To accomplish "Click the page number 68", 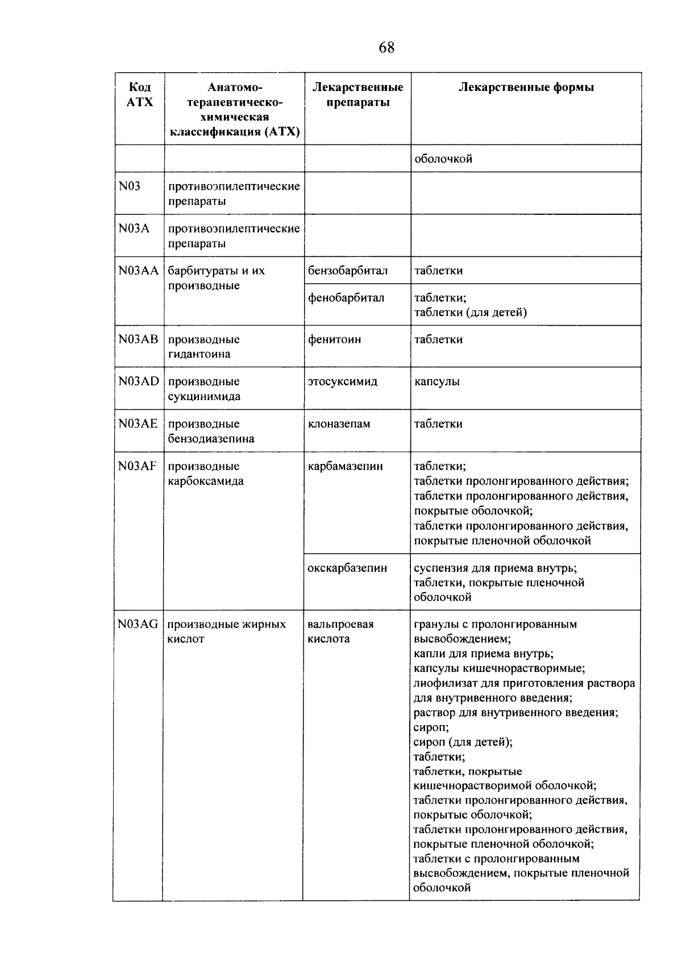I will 386,48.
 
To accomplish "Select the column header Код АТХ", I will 140,94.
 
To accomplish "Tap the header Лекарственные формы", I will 526,88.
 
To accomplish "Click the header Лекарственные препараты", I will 358,94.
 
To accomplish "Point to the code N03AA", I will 139,271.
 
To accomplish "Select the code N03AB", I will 139,339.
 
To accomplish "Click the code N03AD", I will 139,381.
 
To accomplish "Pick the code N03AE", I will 138,423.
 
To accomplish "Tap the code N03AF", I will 137,466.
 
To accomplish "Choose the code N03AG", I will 138,624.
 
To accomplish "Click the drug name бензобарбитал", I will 348,271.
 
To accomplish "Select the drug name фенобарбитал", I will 346,298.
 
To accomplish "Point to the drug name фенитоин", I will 335,339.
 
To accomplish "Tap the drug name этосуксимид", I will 343,381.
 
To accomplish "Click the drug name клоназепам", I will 339,423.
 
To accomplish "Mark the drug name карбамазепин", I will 346,466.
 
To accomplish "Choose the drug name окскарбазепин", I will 347,568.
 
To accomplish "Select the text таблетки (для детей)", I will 471,312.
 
